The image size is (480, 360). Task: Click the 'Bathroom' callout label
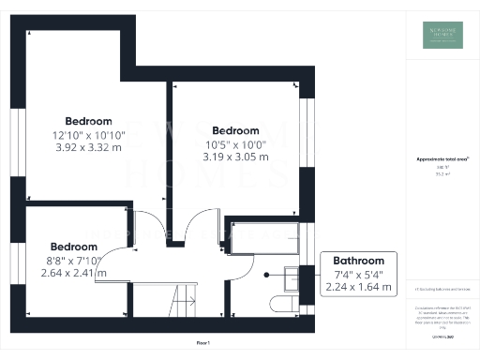[x=360, y=261]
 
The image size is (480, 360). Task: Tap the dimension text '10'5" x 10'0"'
[x=235, y=144]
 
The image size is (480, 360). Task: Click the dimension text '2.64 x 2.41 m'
[x=74, y=274]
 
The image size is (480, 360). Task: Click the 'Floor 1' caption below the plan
[x=203, y=344]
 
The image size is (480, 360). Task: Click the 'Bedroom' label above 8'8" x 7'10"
[x=74, y=247]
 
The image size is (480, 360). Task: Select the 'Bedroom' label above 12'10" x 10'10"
[x=88, y=121]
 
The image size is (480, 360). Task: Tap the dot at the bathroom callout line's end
[x=267, y=275]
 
